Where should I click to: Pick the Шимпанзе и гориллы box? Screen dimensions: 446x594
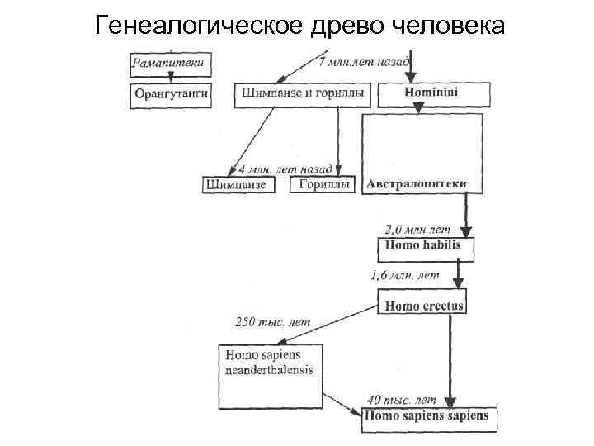tap(304, 94)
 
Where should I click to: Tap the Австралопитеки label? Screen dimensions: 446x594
tap(417, 183)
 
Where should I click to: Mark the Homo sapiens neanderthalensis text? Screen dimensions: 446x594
tap(264, 363)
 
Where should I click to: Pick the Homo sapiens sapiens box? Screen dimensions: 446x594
tap(427, 415)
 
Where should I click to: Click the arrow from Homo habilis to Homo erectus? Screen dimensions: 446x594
tap(460, 271)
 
